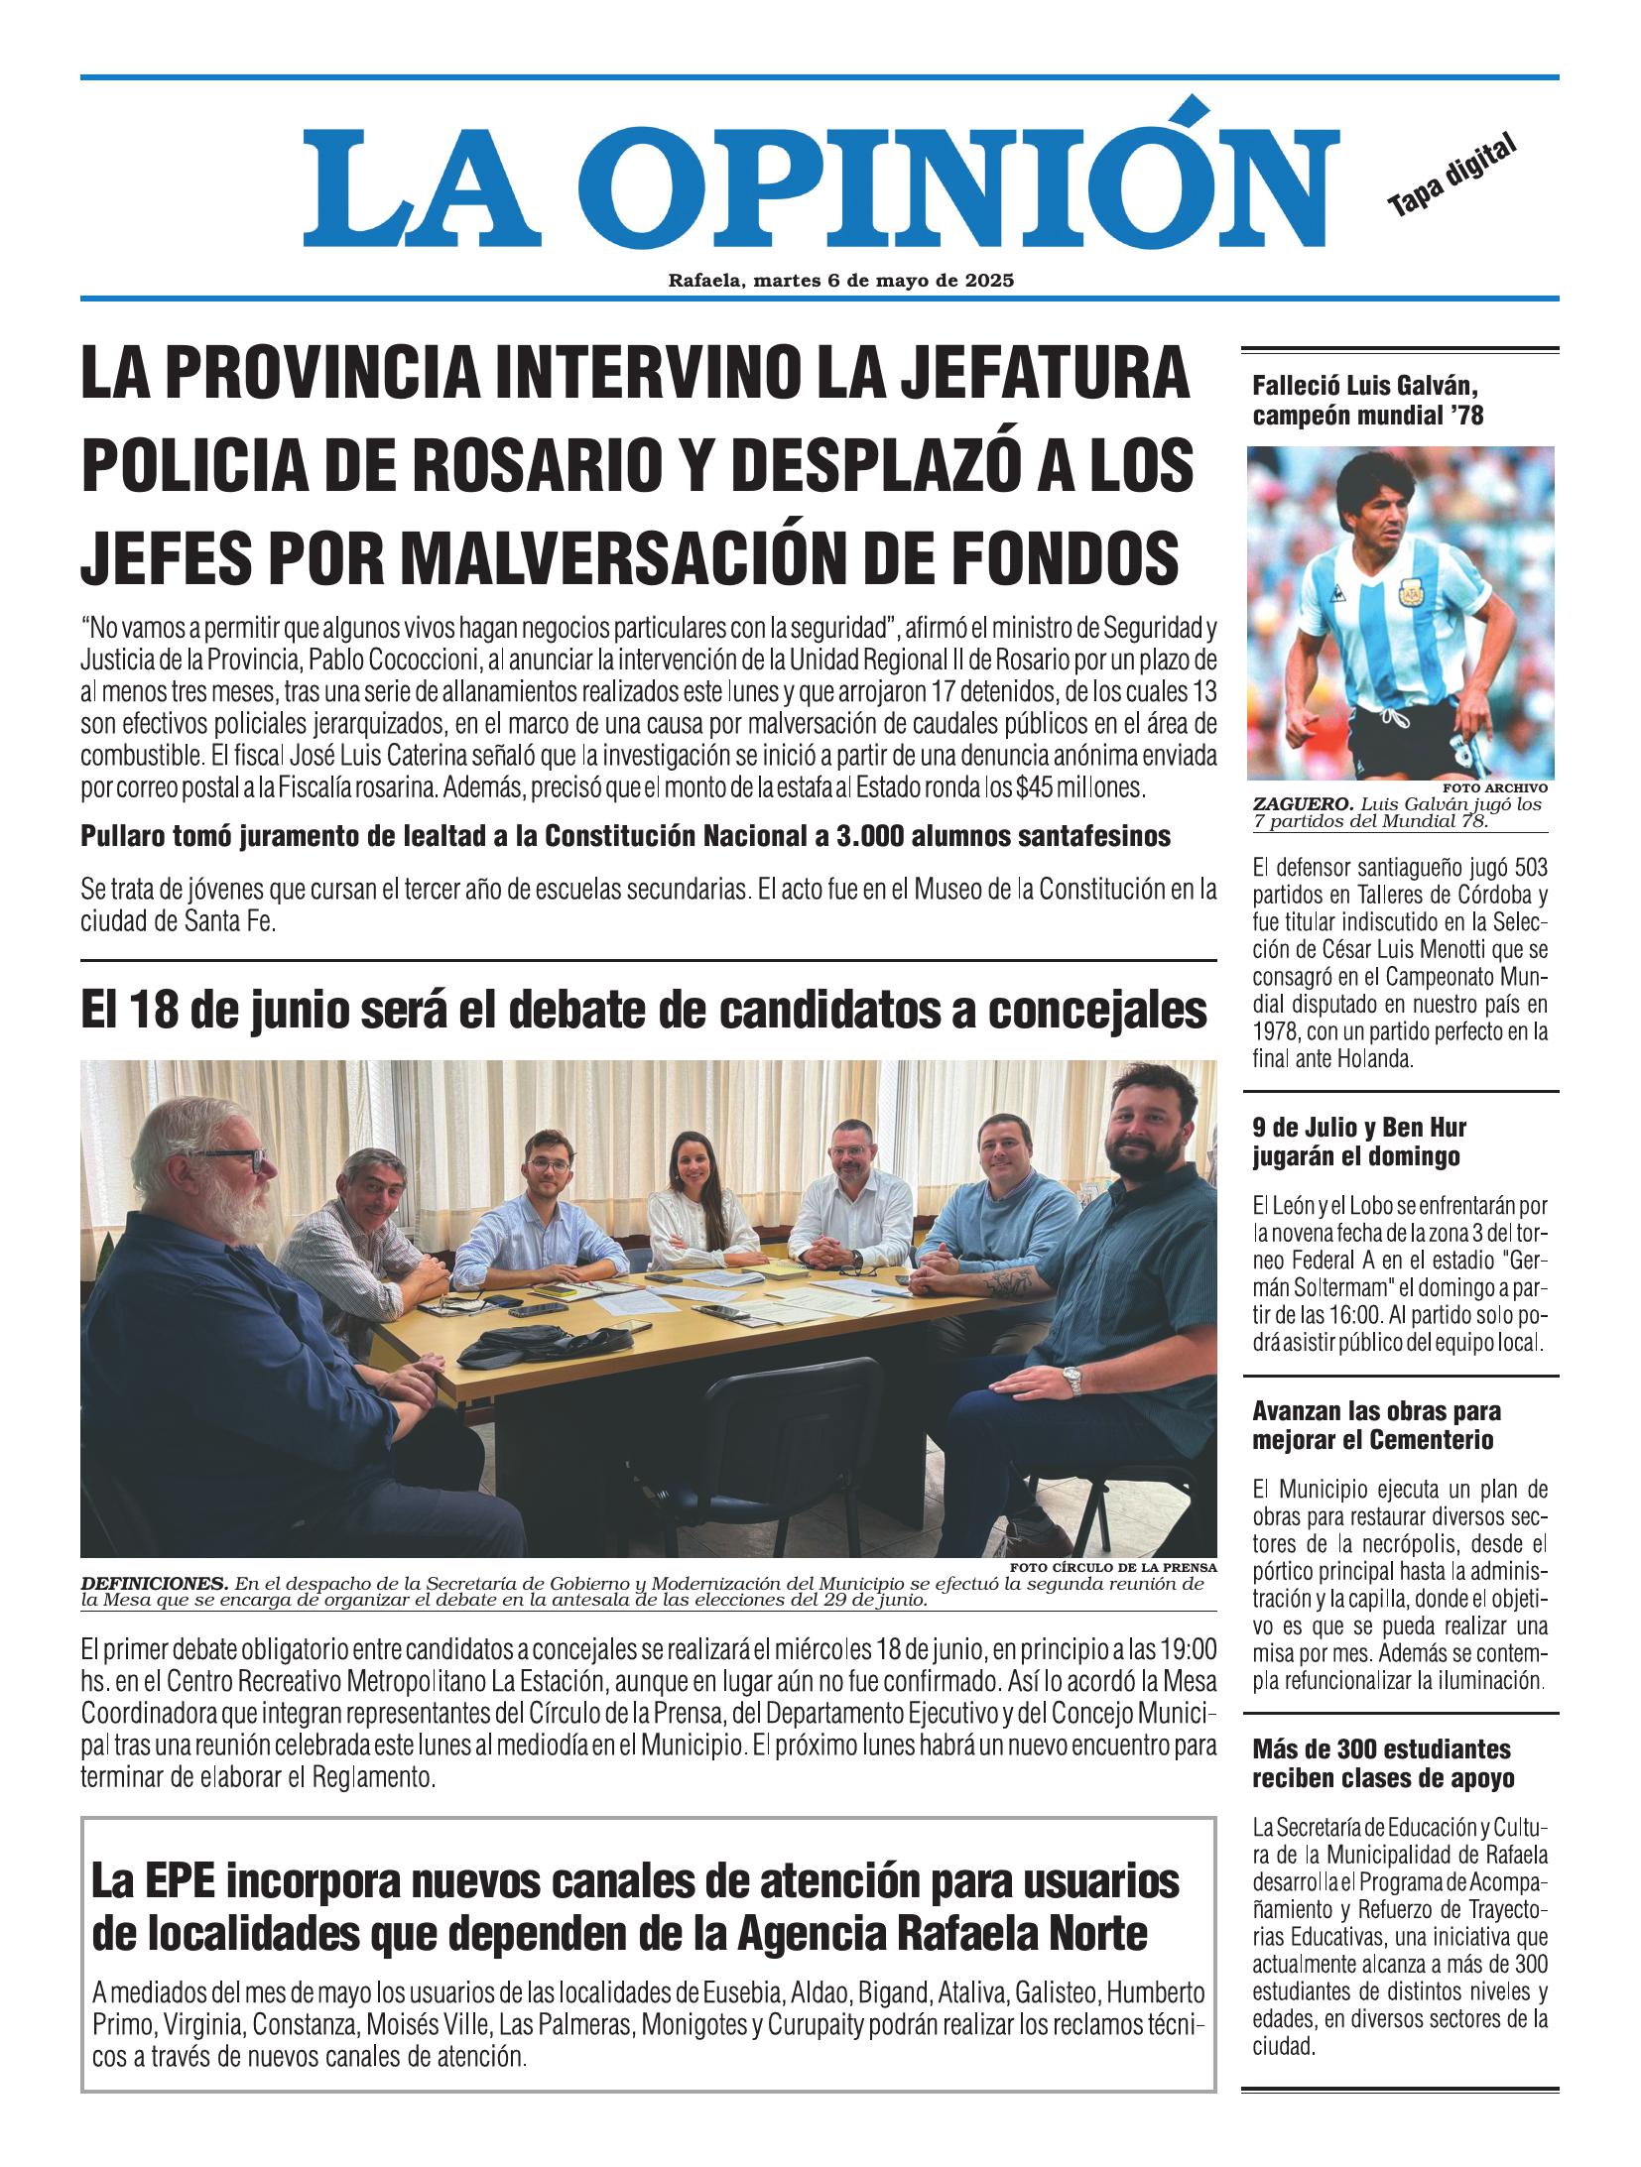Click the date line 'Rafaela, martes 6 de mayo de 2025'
click(841, 281)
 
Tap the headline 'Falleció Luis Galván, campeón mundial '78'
click(1368, 400)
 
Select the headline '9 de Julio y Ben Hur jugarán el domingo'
click(1359, 1142)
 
